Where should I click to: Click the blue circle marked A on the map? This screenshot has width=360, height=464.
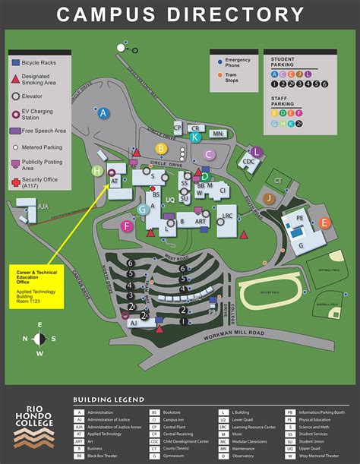pyautogui.click(x=104, y=113)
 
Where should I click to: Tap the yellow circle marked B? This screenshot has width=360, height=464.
pyautogui.click(x=161, y=149)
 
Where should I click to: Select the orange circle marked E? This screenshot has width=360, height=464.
pyautogui.click(x=324, y=223)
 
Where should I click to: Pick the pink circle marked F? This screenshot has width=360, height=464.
pyautogui.click(x=128, y=226)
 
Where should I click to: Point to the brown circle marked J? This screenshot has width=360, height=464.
pyautogui.click(x=269, y=198)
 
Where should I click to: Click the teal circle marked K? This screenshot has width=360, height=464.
pyautogui.click(x=196, y=137)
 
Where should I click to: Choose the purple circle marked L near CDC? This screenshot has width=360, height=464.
pyautogui.click(x=257, y=153)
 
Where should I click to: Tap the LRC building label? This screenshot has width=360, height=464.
pyautogui.click(x=226, y=216)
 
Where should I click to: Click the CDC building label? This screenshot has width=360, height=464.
pyautogui.click(x=249, y=162)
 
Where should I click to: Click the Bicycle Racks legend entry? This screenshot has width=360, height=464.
pyautogui.click(x=47, y=62)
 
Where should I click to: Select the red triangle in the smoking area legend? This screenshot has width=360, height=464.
pyautogui.click(x=16, y=79)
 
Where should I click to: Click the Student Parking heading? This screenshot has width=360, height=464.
pyautogui.click(x=283, y=62)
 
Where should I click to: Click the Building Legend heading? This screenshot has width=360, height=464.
pyautogui.click(x=109, y=399)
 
